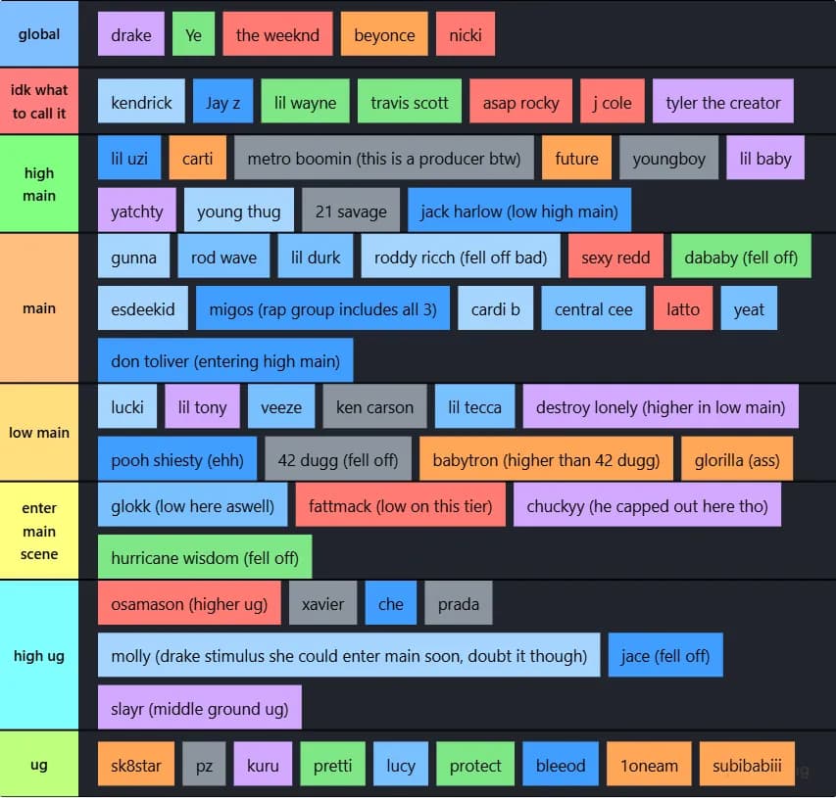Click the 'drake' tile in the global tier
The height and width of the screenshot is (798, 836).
(131, 34)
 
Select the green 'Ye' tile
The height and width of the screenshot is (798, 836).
(193, 34)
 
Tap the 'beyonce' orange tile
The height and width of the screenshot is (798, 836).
(384, 34)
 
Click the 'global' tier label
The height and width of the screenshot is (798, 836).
(39, 33)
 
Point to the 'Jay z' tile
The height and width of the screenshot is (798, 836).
(222, 101)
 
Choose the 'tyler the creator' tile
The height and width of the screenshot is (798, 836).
(723, 101)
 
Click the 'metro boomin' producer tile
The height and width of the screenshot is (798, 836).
(384, 158)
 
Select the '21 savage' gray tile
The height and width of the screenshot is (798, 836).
(351, 210)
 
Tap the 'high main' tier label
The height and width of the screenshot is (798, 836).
(39, 184)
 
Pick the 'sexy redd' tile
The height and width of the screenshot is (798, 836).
(615, 257)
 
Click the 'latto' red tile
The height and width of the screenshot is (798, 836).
(683, 307)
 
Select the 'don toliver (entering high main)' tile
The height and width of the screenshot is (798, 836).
(225, 360)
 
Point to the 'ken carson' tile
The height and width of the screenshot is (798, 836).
(374, 406)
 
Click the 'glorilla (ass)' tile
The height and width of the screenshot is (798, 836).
(737, 458)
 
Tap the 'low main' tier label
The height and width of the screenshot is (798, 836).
(39, 432)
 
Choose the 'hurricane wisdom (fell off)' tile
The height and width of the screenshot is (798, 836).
(205, 557)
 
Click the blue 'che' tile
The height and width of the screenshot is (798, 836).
(391, 603)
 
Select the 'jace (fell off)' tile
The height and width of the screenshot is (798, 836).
(665, 655)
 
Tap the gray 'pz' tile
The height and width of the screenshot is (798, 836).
(204, 764)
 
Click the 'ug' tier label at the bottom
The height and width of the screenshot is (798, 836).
(39, 764)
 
